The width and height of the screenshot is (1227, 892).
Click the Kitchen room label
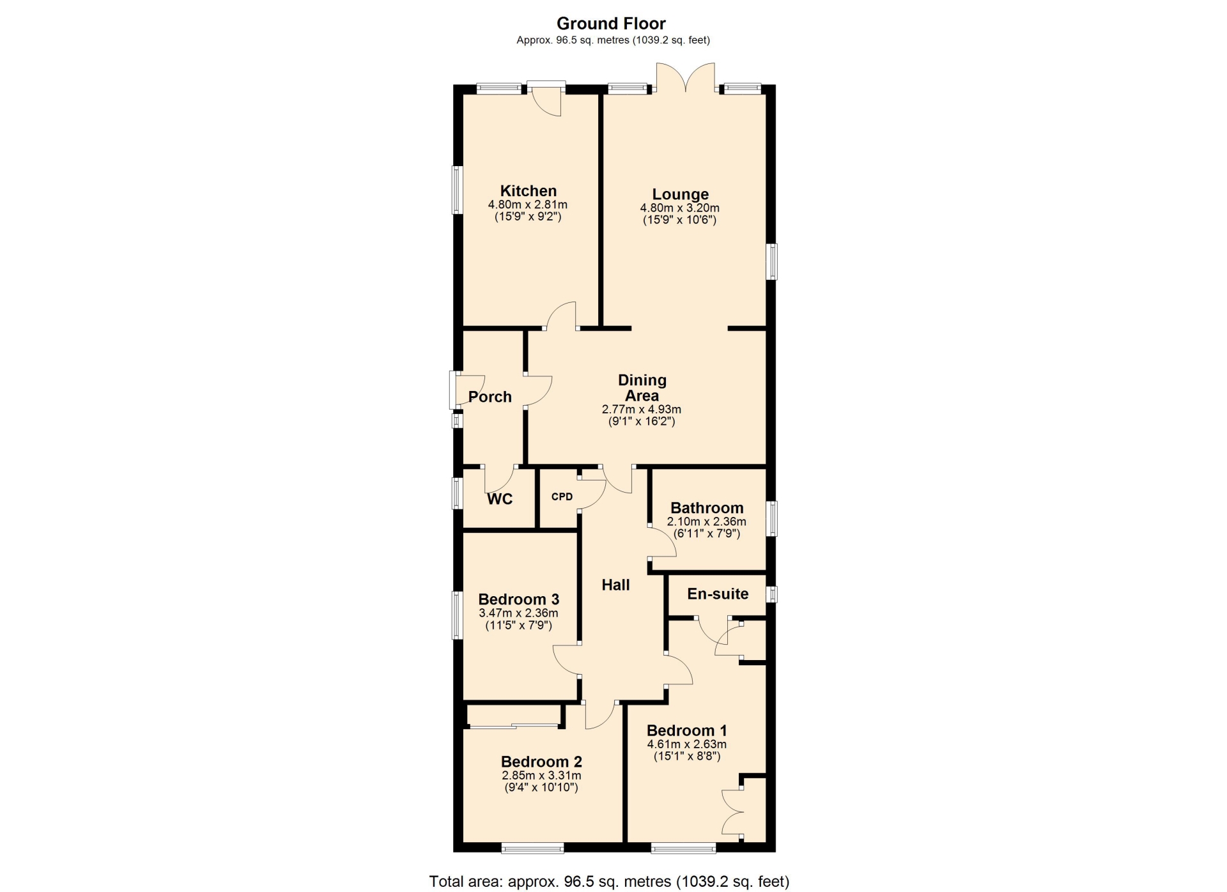tap(528, 190)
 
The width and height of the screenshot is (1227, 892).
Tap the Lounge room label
tap(680, 194)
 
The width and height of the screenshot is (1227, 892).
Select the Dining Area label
tap(642, 388)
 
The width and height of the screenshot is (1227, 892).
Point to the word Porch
tap(490, 397)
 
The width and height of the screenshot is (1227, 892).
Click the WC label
tap(500, 499)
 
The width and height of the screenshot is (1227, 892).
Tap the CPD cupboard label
tap(562, 496)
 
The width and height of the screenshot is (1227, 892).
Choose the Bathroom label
tap(707, 508)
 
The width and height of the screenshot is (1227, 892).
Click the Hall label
tap(615, 585)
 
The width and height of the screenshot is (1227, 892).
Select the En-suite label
tap(718, 594)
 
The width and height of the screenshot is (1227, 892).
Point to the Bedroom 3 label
tap(518, 599)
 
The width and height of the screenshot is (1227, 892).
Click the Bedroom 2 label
tap(541, 762)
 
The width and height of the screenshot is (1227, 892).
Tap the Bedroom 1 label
tap(686, 730)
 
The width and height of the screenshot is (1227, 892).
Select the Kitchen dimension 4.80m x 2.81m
tap(528, 205)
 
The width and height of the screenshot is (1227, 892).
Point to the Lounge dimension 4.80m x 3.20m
tap(680, 208)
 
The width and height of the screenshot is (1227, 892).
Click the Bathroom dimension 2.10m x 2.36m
tap(707, 522)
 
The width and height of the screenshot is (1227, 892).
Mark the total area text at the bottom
tap(609, 882)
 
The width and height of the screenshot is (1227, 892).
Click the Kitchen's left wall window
tap(457, 190)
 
